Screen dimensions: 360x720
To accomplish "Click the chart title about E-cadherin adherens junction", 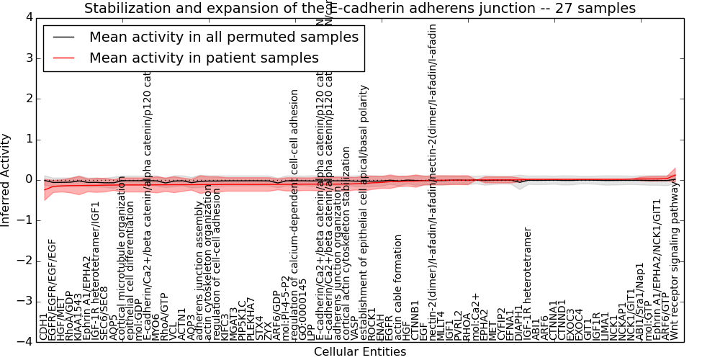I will [360, 9].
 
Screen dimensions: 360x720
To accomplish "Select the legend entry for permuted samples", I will [223, 37].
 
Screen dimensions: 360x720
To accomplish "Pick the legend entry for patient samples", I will [204, 58].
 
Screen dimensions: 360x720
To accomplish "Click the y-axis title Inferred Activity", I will [6, 179].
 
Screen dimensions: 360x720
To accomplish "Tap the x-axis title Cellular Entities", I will [360, 352].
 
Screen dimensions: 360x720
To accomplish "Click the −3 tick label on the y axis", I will [24, 302].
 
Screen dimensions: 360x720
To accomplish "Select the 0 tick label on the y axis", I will [27, 179].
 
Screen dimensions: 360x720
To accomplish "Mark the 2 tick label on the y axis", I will [27, 98].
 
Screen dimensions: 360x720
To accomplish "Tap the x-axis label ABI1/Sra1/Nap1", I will [640, 303].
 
